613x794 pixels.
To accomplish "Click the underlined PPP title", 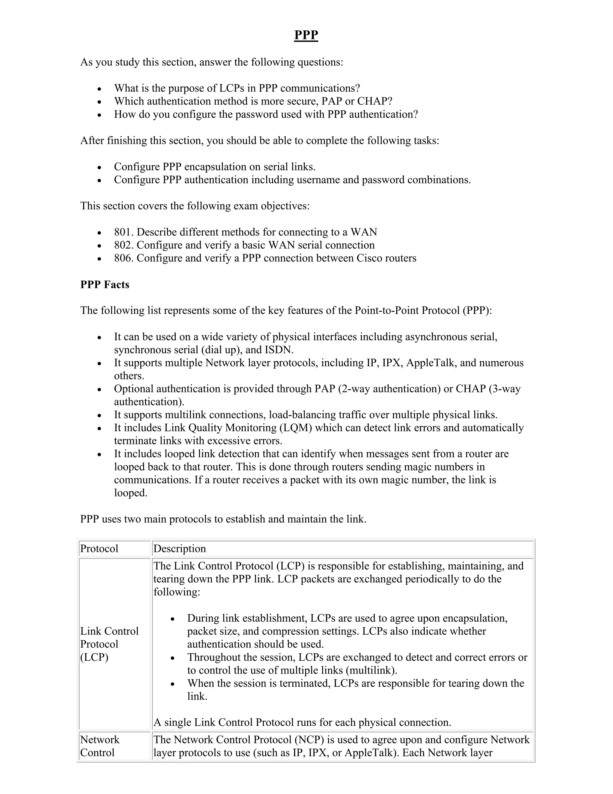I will pyautogui.click(x=306, y=35).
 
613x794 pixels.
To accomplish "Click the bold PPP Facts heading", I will pyautogui.click(x=104, y=284).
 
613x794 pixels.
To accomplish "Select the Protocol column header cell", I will pyautogui.click(x=99, y=549).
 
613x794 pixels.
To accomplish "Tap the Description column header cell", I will pyautogui.click(x=179, y=549).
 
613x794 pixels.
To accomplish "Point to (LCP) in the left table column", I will pyautogui.click(x=94, y=657).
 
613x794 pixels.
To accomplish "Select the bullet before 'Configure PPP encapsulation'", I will pyautogui.click(x=99, y=167).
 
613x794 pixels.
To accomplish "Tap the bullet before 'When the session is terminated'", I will pyautogui.click(x=173, y=684).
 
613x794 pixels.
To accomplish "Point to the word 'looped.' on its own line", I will pyautogui.click(x=131, y=493).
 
